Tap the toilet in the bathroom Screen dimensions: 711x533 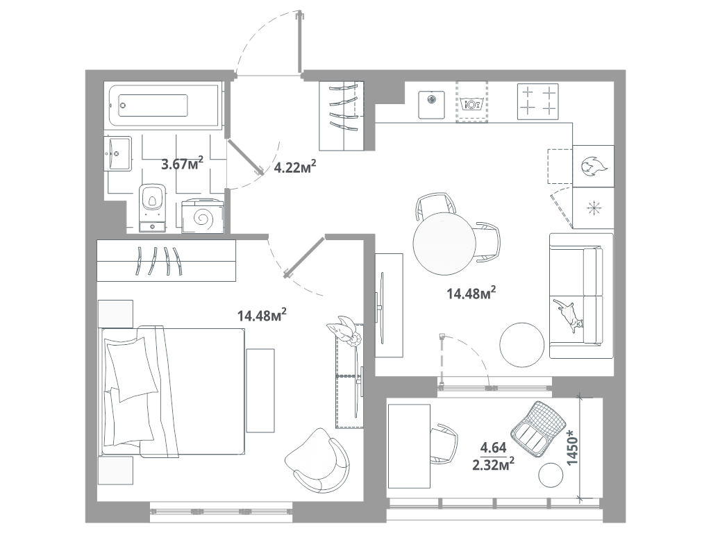pyautogui.click(x=152, y=208)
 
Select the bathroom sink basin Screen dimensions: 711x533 pyautogui.click(x=119, y=153)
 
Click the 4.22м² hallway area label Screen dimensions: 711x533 pyautogui.click(x=294, y=167)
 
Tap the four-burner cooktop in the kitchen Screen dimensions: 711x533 pyautogui.click(x=538, y=101)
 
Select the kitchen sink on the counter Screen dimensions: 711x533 pyautogui.click(x=431, y=104)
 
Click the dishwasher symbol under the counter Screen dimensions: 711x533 pyautogui.click(x=471, y=104)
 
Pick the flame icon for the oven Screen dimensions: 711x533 pyautogui.click(x=592, y=167)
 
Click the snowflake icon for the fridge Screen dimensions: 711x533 pyautogui.click(x=593, y=208)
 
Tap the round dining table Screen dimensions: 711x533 pyautogui.click(x=444, y=244)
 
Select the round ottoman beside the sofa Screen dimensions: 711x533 pyautogui.click(x=522, y=344)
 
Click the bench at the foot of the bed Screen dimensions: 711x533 pyautogui.click(x=260, y=391)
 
